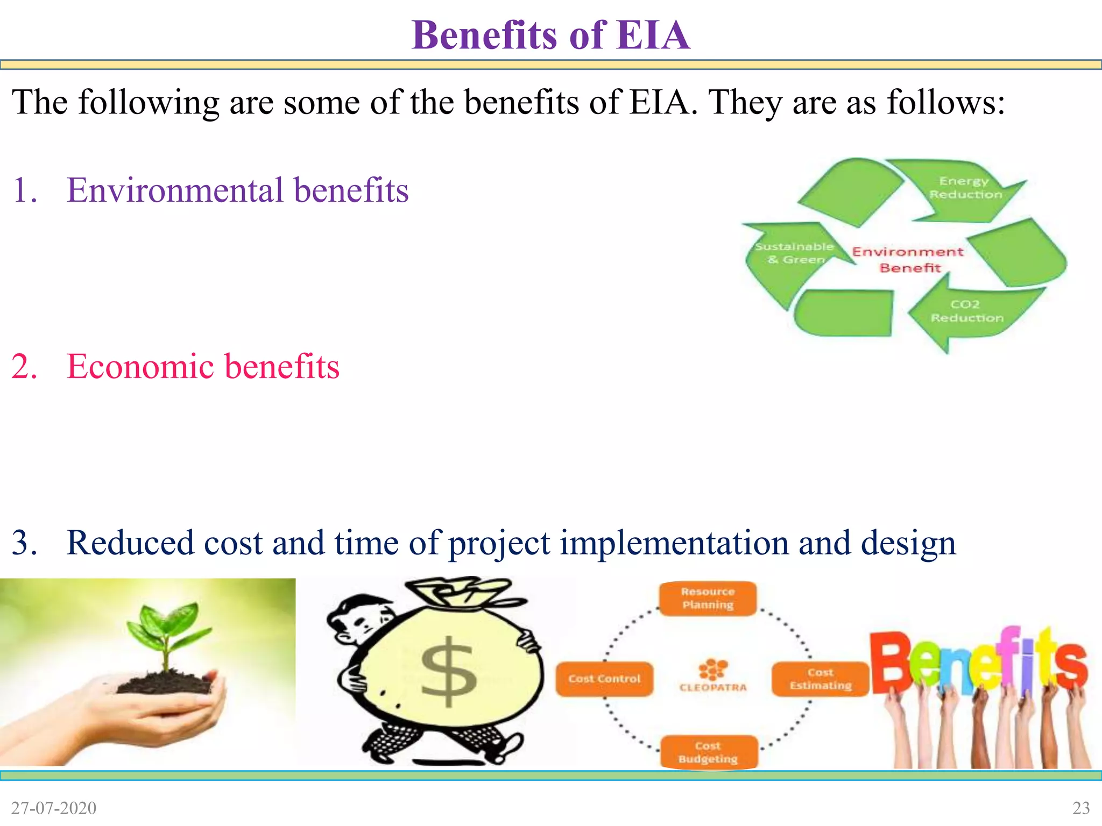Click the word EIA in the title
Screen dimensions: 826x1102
(653, 35)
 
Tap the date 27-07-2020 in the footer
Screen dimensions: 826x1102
(54, 808)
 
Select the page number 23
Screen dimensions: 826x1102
(1081, 808)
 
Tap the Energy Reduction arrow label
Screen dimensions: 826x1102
(965, 188)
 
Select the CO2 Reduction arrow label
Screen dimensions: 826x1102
(966, 311)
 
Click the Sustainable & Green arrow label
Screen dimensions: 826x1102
(794, 253)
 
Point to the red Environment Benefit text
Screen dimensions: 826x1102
(908, 259)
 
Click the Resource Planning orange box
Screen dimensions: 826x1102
(708, 598)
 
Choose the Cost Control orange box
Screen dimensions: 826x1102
(604, 679)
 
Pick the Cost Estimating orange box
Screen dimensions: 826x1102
(820, 679)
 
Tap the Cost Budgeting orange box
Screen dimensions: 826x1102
(708, 752)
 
